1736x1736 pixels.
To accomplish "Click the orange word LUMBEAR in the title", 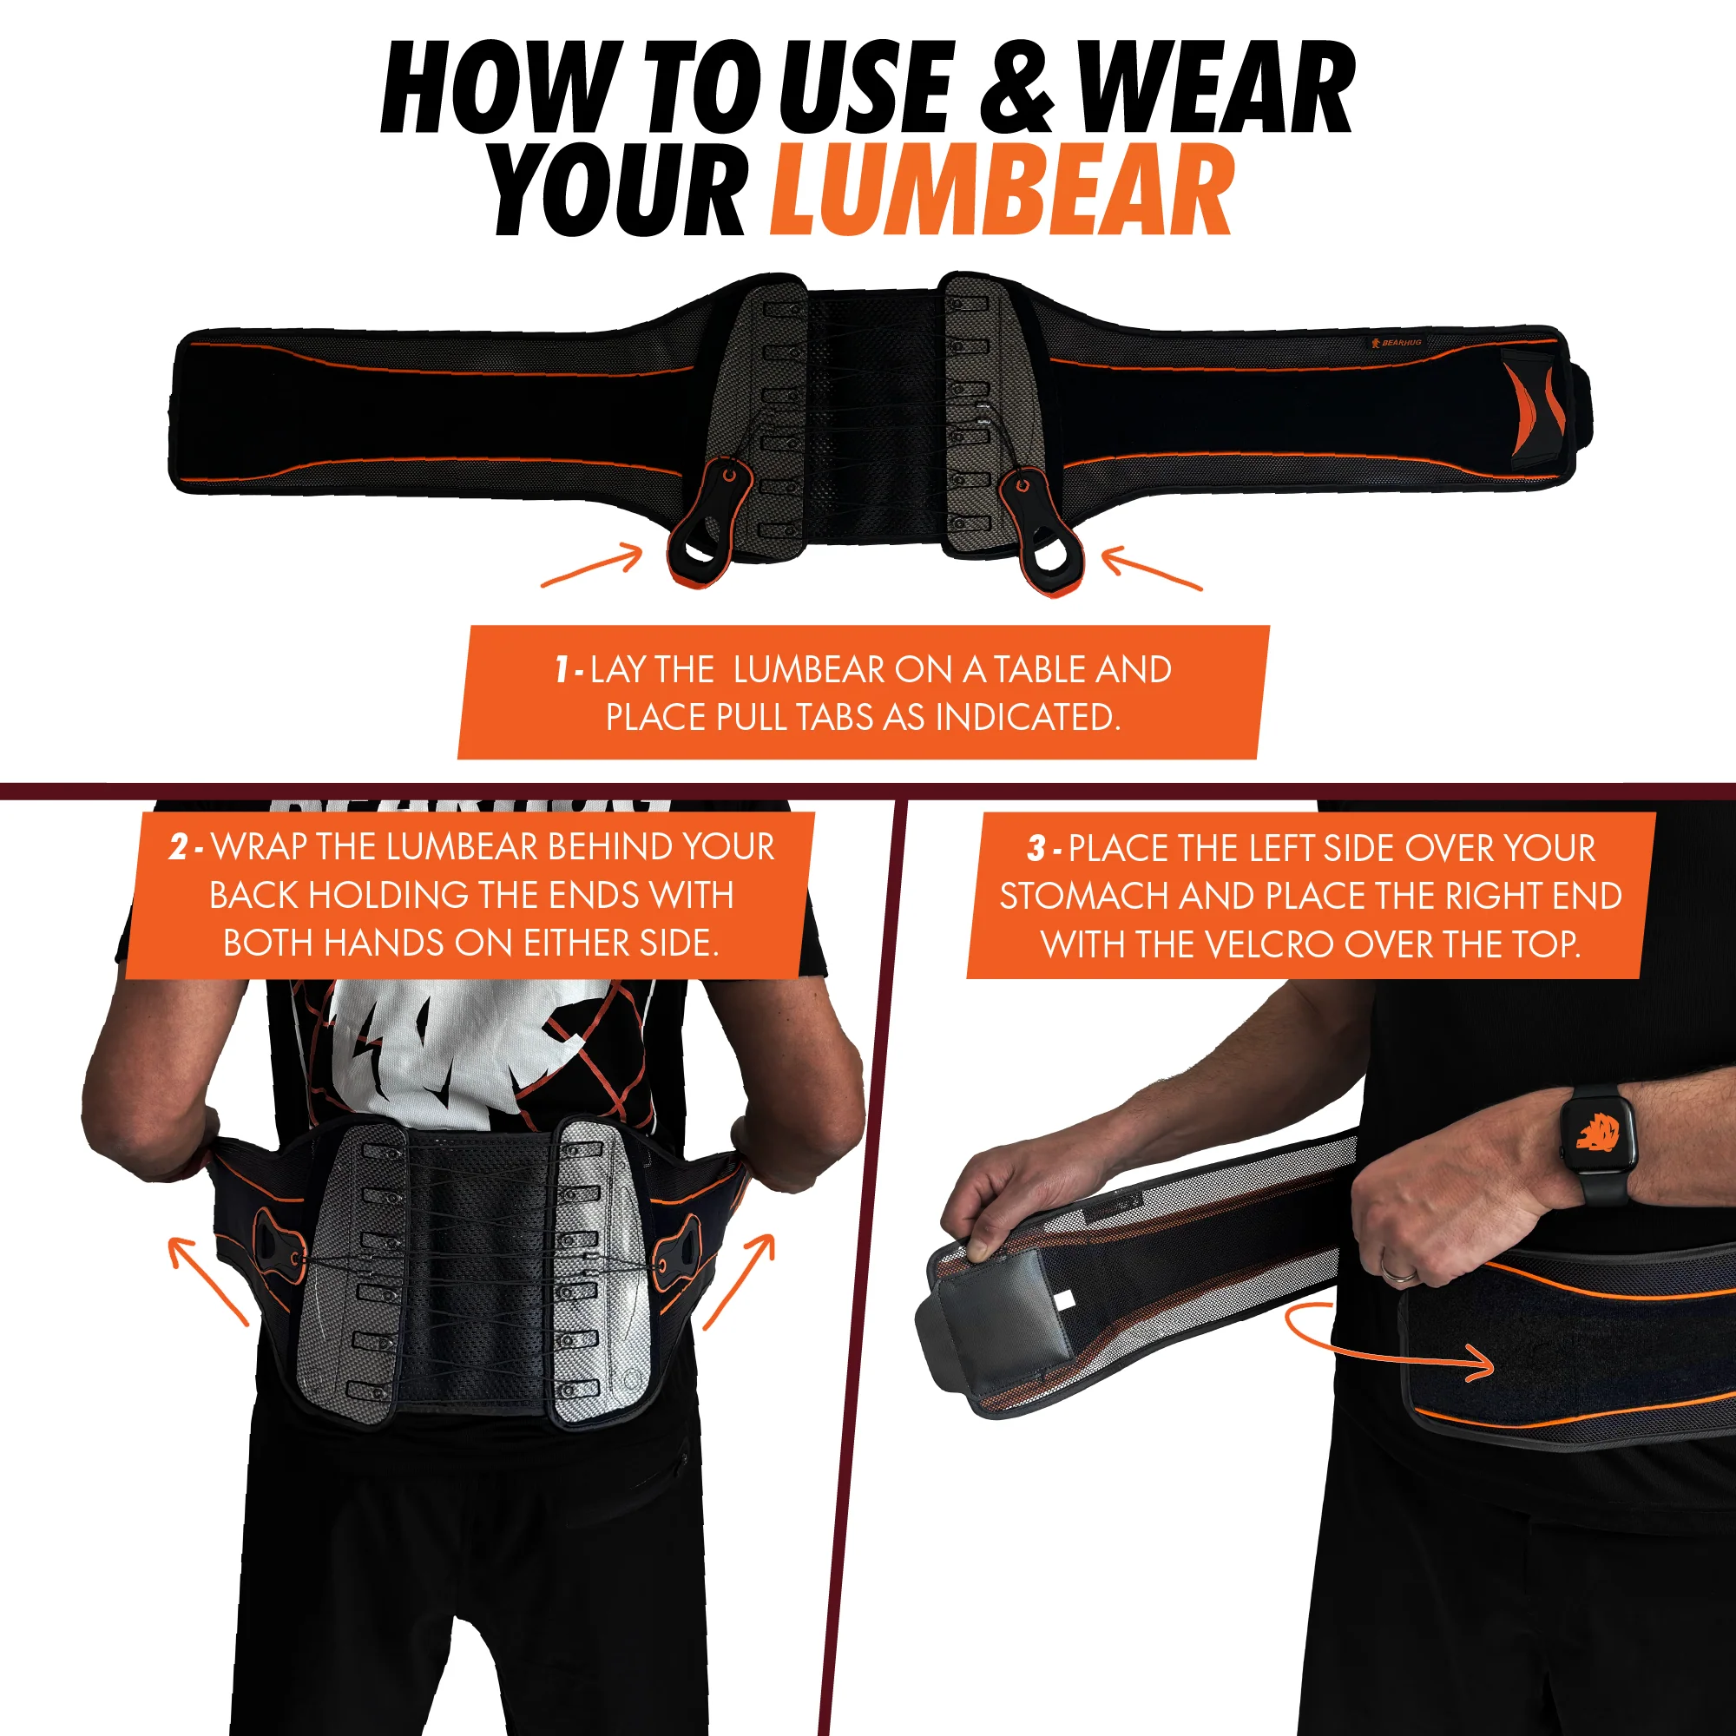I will point(1001,190).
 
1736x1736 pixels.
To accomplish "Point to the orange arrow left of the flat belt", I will point(593,567).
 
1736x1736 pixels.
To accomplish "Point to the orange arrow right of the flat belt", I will point(1151,571).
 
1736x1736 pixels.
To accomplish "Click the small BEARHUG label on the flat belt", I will point(1397,343).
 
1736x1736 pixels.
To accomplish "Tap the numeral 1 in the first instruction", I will point(562,669).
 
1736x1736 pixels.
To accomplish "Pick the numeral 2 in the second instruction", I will point(179,847).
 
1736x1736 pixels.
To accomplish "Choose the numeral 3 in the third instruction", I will point(1037,848).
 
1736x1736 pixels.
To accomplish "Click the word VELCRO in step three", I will point(1268,944).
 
